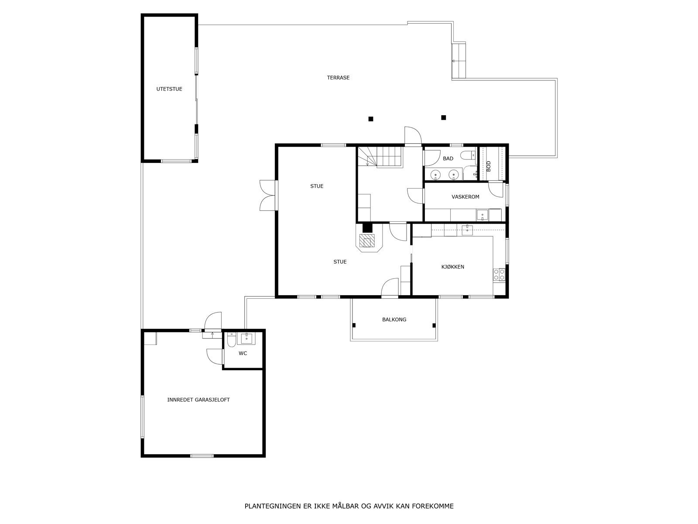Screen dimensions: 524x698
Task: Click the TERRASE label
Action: pos(338,78)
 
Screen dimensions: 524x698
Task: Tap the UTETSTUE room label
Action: pos(169,89)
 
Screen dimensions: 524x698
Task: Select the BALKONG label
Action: pos(394,320)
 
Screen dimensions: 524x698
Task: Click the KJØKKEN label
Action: pos(452,267)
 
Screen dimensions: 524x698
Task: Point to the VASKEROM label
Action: pos(465,197)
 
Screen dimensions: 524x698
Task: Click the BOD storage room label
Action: pos(489,165)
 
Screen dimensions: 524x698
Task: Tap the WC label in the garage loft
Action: pos(243,353)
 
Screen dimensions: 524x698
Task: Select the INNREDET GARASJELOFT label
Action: pos(198,400)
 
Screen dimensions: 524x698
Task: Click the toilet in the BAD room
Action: pos(469,155)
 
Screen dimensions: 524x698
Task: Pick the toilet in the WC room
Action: pos(231,339)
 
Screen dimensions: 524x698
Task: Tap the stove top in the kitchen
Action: pos(499,274)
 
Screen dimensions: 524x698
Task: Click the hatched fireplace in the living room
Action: pos(366,241)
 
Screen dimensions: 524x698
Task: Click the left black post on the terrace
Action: pos(371,119)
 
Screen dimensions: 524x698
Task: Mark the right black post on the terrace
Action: pos(444,117)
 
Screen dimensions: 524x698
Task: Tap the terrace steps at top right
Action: pos(459,61)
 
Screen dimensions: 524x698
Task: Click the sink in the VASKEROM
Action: pos(482,214)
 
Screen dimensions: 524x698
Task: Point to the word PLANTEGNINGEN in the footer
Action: pos(271,507)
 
